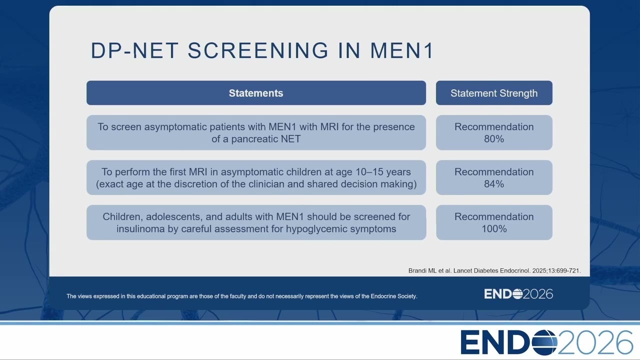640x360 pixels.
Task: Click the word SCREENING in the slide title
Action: (x=258, y=50)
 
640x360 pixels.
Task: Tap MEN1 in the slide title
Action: (x=401, y=50)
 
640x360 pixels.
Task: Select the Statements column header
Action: (x=256, y=93)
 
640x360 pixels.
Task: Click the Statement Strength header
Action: (x=494, y=93)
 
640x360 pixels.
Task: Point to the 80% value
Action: (x=494, y=139)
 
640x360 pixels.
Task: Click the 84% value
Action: (x=494, y=183)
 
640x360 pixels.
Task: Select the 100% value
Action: (x=494, y=228)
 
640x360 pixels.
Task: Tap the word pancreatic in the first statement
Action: (x=254, y=139)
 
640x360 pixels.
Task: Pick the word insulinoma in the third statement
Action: (x=140, y=228)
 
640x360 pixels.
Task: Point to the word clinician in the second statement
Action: (x=266, y=183)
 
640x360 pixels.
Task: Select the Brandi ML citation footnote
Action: (x=494, y=270)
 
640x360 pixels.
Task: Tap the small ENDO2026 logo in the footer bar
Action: (x=518, y=294)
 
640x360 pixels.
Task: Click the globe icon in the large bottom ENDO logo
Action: (x=544, y=342)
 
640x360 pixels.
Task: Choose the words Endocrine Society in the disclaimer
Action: (x=393, y=296)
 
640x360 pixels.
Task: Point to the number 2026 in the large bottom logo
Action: (x=595, y=342)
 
